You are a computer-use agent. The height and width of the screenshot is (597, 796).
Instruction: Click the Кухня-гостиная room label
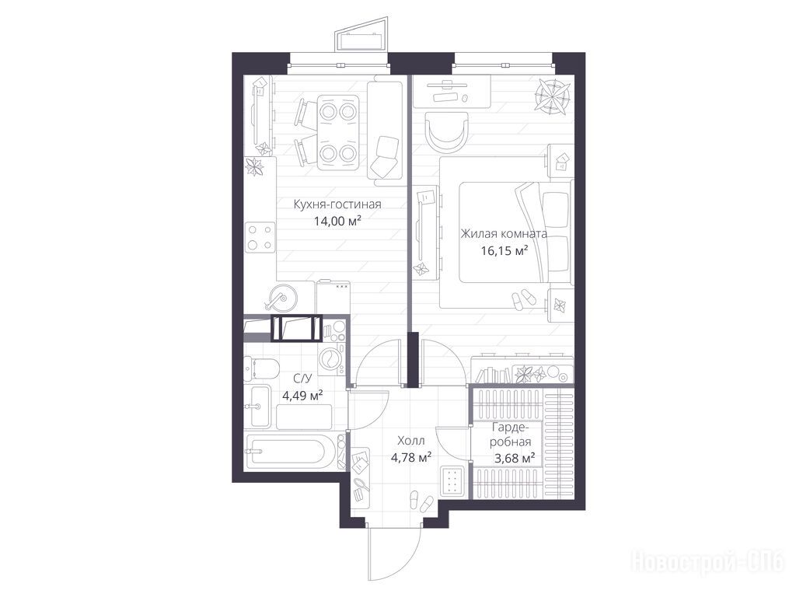click(337, 204)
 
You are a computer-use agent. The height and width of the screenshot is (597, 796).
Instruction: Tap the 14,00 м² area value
click(337, 221)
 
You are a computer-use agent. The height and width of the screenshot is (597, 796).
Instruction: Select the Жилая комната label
click(504, 234)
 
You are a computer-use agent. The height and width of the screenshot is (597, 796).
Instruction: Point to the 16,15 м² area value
click(504, 250)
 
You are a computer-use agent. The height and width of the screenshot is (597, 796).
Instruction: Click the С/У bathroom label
click(302, 379)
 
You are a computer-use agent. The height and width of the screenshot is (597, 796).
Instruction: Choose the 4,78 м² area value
click(410, 457)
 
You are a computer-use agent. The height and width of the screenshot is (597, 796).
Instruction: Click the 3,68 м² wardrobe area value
click(515, 459)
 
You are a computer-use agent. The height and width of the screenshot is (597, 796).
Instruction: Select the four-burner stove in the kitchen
click(260, 238)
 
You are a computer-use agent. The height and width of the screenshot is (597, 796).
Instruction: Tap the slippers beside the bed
click(523, 299)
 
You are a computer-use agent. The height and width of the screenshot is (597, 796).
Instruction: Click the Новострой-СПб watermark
click(707, 563)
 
